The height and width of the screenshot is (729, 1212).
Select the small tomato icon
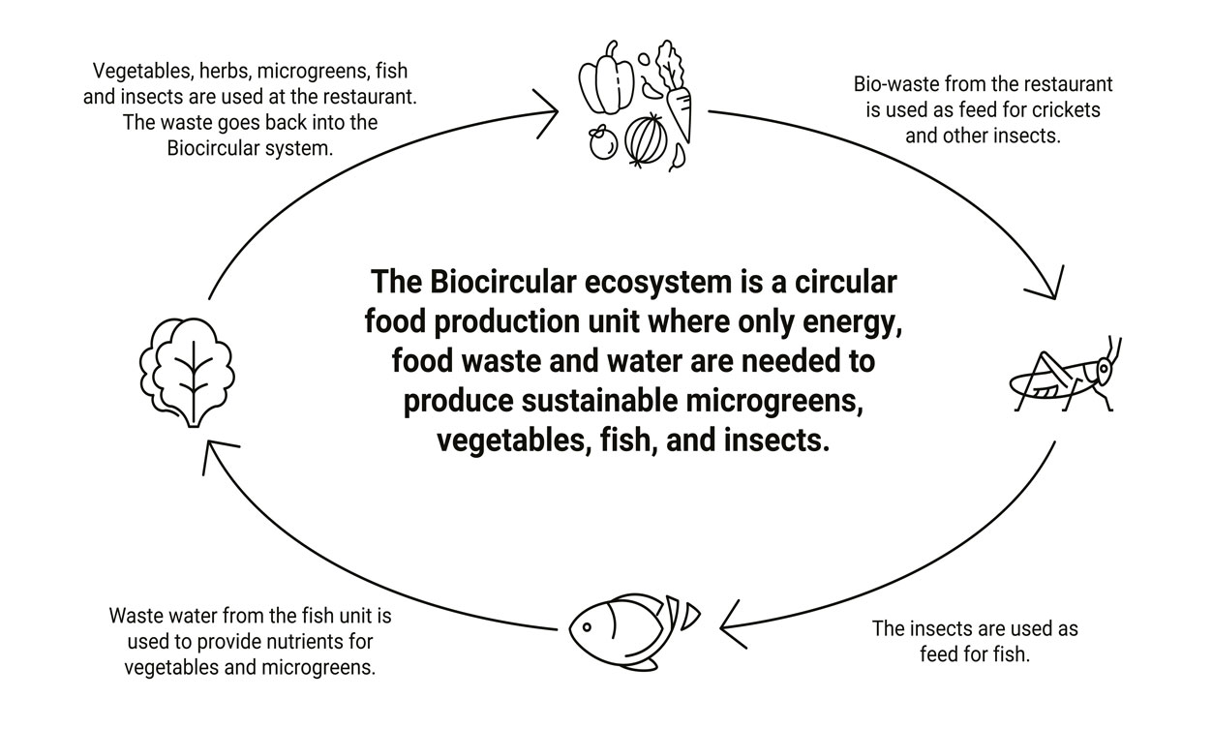coord(604,143)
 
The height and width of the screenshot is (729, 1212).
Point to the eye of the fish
coord(590,623)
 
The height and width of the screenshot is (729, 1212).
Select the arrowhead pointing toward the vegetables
coord(549,111)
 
